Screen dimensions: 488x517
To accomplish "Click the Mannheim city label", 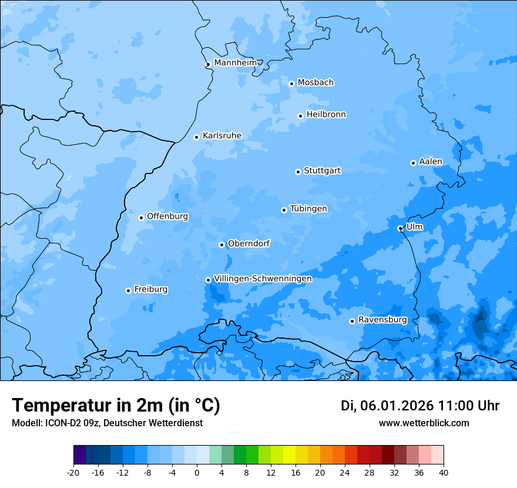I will (x=235, y=63).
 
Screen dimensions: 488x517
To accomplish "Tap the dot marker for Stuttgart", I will (x=298, y=172).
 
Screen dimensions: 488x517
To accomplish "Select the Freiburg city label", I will (x=150, y=289).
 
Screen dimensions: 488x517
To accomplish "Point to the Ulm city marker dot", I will (x=400, y=228).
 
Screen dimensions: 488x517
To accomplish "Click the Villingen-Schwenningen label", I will (x=263, y=279).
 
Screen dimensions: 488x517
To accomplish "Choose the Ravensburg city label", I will (x=382, y=320).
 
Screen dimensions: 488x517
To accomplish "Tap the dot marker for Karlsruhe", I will (x=197, y=137).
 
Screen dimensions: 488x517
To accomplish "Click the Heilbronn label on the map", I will (x=326, y=115).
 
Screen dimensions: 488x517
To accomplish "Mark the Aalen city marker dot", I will (x=413, y=163).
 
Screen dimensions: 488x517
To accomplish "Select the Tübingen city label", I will (x=308, y=209).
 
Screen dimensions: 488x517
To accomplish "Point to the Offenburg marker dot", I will (x=141, y=218).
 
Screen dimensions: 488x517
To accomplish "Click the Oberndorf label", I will (x=249, y=243).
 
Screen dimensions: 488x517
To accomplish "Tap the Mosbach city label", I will (x=315, y=83).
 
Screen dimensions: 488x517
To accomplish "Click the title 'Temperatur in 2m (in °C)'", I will (x=116, y=406).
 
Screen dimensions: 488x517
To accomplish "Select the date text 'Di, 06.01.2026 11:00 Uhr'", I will (x=419, y=406).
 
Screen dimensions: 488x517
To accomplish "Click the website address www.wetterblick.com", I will (x=424, y=423).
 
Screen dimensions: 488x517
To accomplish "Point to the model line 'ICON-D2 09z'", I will (x=107, y=423).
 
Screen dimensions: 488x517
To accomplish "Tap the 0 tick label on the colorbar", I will (x=197, y=473).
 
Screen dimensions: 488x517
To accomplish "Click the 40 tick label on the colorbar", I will (x=443, y=473).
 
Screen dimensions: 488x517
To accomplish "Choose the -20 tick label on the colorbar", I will (x=73, y=473).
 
